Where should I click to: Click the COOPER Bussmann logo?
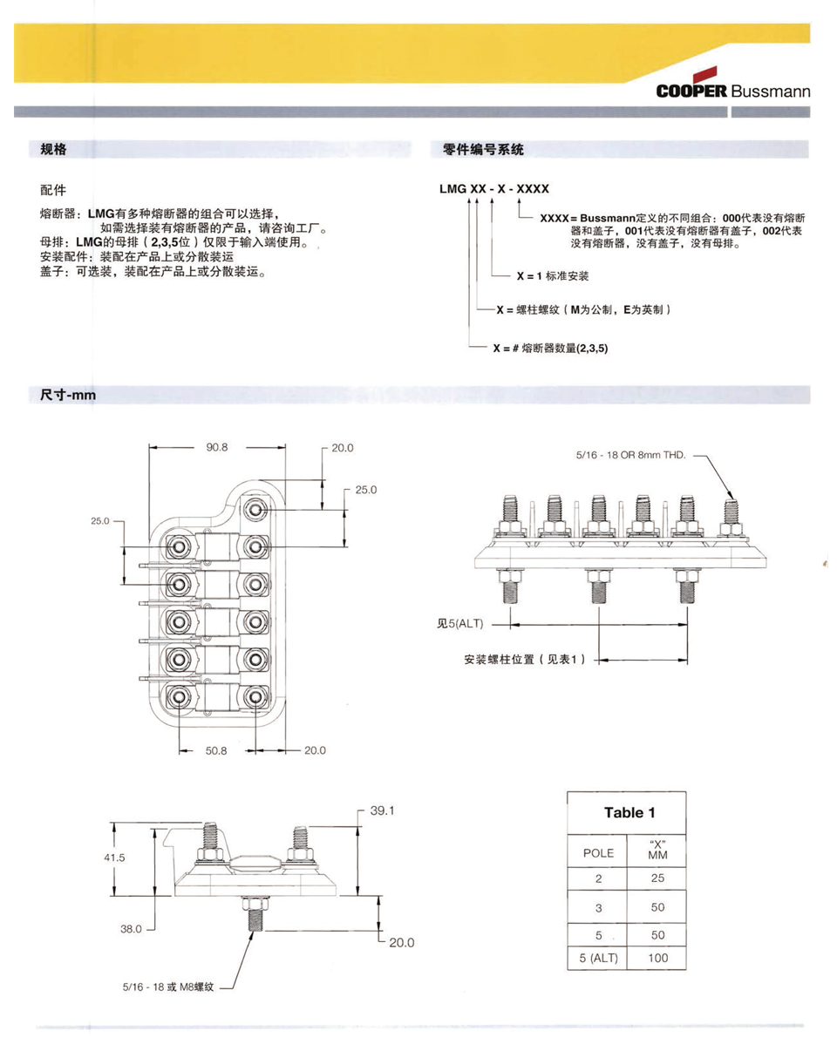(732, 92)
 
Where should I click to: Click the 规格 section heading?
(54, 150)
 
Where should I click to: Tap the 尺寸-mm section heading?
(67, 396)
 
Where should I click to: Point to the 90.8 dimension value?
(217, 447)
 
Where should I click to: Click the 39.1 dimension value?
(383, 810)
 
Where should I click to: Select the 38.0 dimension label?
(130, 929)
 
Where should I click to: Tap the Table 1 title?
(629, 813)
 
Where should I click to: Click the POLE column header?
(598, 853)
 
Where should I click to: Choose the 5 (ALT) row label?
(598, 959)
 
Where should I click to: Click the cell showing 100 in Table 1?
(658, 959)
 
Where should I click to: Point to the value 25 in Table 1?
(658, 879)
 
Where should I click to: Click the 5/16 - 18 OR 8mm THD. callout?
(631, 455)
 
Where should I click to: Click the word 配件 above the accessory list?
(53, 189)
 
